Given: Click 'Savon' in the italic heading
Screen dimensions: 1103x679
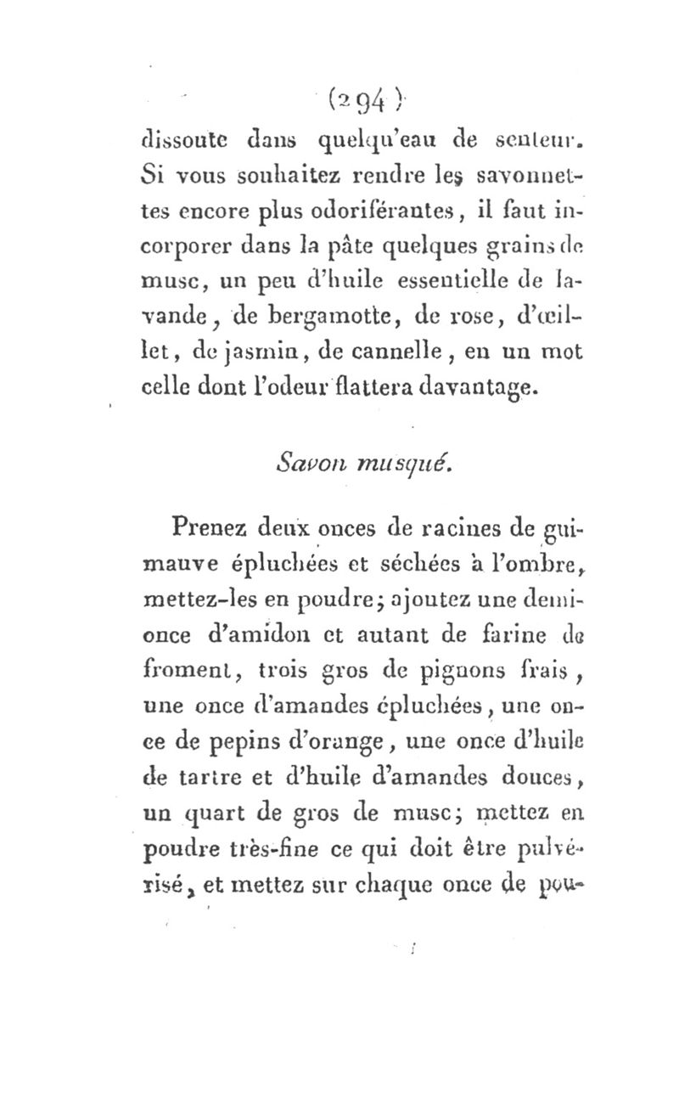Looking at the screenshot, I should click(302, 463).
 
